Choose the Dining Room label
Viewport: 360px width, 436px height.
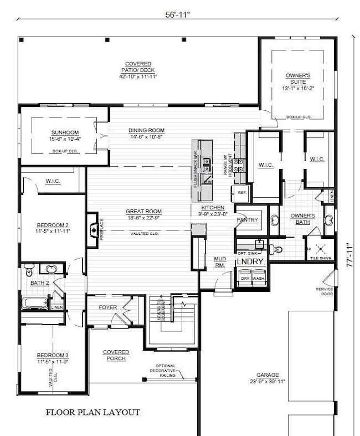tap(147, 134)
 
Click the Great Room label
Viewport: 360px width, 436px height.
tap(143, 214)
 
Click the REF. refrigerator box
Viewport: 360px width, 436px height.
tap(242, 193)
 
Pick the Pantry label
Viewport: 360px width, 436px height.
tap(247, 220)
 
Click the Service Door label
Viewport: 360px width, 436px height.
tap(324, 292)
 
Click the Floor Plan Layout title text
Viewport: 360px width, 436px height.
tap(92, 412)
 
